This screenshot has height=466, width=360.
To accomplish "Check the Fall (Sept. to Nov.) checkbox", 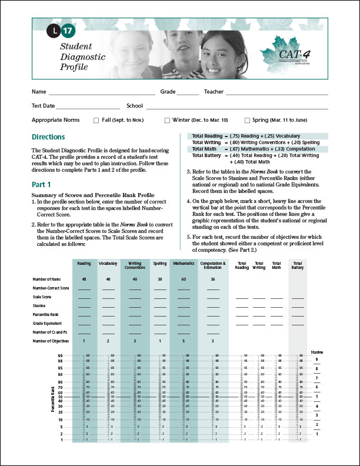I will (96, 120).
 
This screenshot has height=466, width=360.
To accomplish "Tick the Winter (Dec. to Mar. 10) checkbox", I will (167, 120).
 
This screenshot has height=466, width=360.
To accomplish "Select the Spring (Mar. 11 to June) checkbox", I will (247, 120).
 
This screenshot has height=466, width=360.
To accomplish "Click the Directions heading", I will (48, 137).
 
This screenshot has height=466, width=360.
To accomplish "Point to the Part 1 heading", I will (41, 184).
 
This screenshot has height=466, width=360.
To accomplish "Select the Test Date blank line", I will (87, 106).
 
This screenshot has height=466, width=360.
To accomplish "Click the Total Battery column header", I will (298, 265).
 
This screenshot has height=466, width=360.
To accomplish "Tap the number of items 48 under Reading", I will (84, 279).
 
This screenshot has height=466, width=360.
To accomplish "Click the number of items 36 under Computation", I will (212, 279).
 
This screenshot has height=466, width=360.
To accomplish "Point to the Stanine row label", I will (40, 306).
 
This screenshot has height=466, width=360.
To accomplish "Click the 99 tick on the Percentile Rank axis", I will (61, 356).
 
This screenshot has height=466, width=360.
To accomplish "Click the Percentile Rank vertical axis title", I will (52, 398).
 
